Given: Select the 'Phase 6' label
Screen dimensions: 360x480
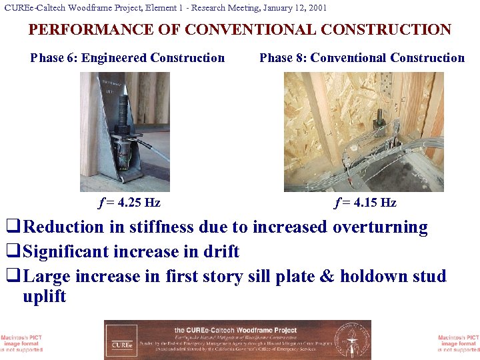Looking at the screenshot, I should click(54, 58).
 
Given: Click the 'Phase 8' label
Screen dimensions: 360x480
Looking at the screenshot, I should click(283, 58).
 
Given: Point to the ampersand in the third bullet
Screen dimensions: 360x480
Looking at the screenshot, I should click(327, 277).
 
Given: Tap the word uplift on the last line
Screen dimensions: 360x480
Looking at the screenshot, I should click(44, 297).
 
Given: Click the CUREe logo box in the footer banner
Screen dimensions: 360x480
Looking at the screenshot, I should click(122, 340).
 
